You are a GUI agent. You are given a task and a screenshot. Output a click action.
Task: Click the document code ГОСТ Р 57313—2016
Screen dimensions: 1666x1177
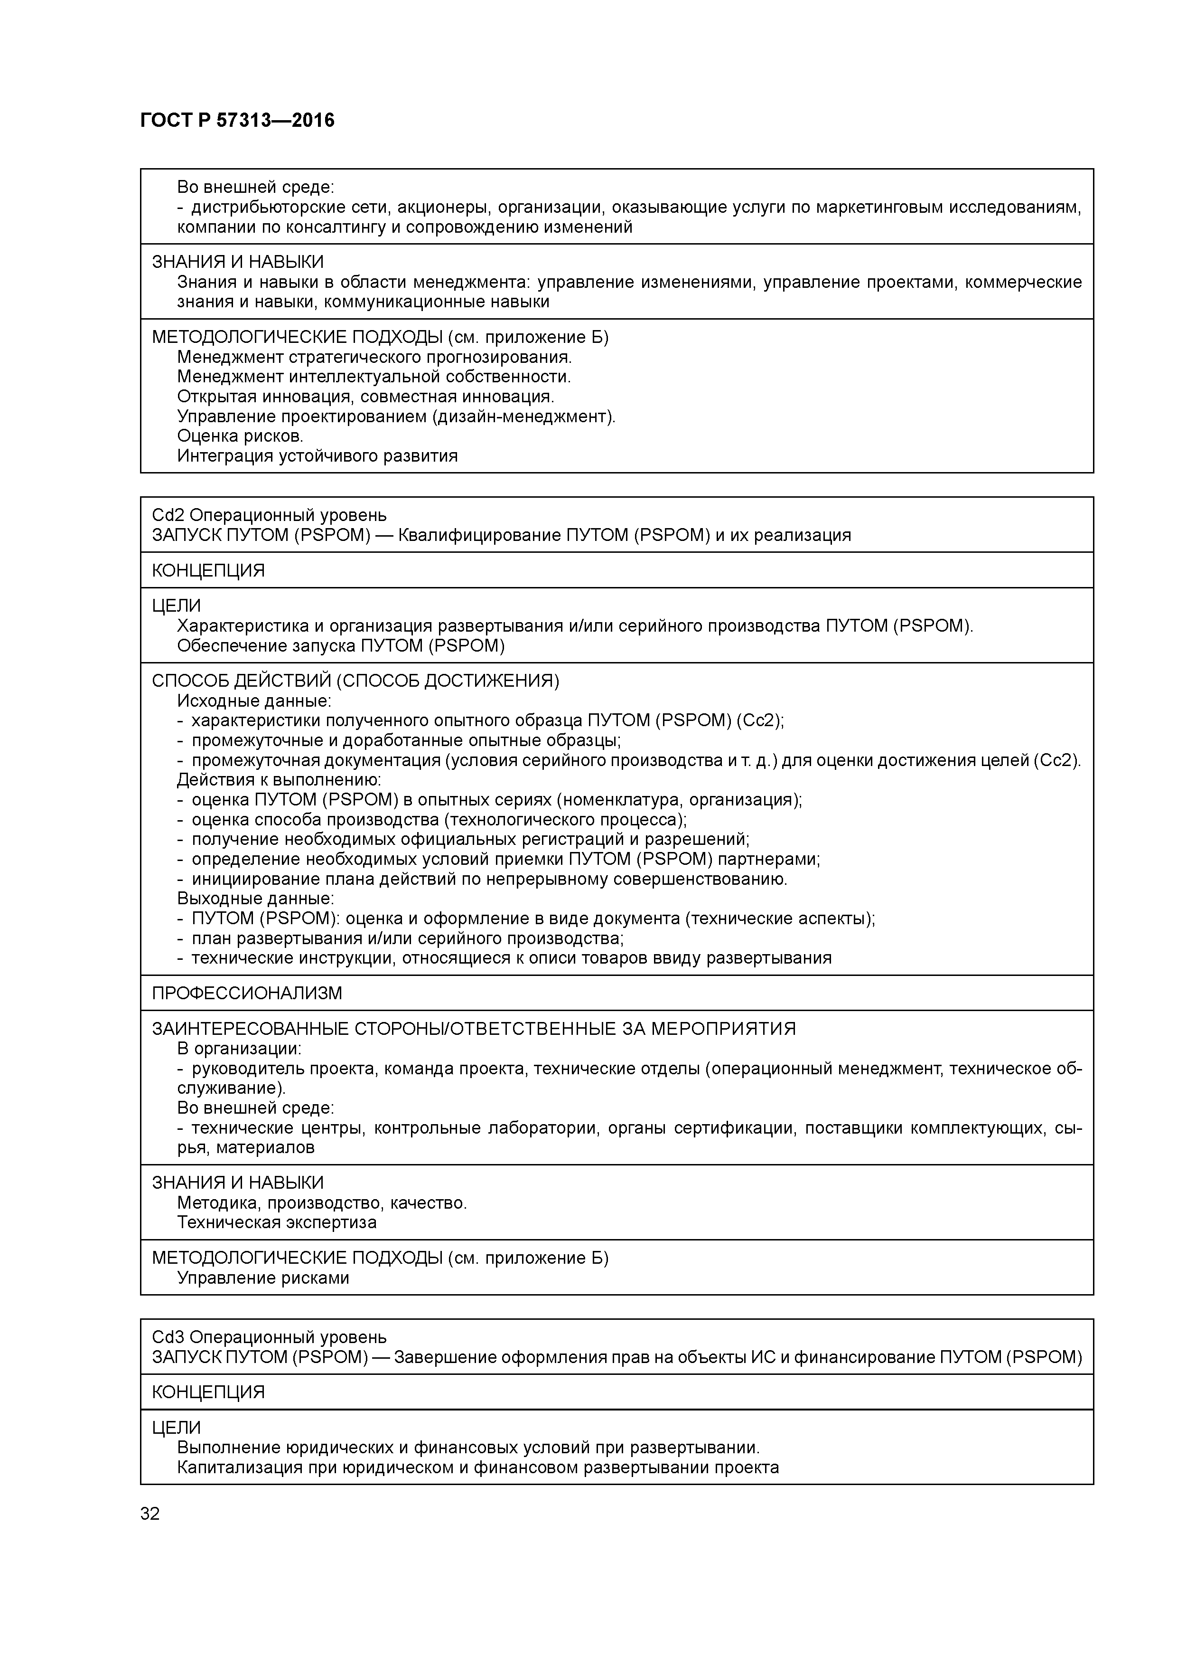[237, 121]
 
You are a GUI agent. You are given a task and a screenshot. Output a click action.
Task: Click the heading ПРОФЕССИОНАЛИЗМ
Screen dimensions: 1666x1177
[247, 994]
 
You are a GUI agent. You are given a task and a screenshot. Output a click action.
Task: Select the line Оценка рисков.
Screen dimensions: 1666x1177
[240, 436]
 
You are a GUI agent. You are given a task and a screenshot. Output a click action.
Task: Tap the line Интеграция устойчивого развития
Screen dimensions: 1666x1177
[317, 456]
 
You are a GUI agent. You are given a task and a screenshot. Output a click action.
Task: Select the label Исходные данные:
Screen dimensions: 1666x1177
[254, 701]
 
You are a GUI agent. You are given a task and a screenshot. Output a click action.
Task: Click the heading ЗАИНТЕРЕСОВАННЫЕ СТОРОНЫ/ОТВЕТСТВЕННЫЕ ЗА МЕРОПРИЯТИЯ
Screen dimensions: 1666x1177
[474, 1029]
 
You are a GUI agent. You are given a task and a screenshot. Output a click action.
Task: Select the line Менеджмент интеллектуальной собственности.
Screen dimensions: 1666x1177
[374, 377]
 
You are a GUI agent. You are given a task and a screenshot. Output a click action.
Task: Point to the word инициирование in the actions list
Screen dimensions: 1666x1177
[250, 880]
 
